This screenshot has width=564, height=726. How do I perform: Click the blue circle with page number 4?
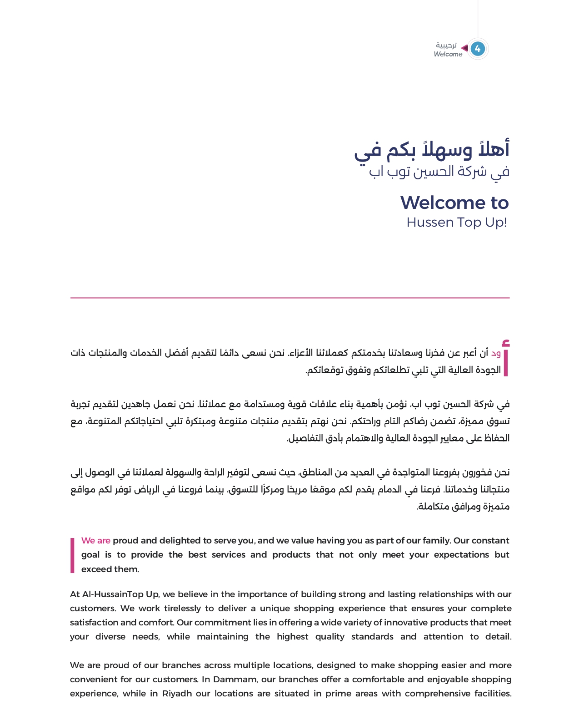pyautogui.click(x=477, y=49)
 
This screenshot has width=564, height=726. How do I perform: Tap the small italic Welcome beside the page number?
pyautogui.click(x=448, y=54)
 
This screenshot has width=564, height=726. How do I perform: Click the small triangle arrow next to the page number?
pyautogui.click(x=464, y=48)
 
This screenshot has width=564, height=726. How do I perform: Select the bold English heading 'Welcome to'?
pyautogui.click(x=454, y=203)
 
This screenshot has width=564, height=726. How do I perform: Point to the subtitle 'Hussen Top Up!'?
pyautogui.click(x=456, y=222)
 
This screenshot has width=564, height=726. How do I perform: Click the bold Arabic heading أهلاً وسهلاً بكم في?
pyautogui.click(x=432, y=150)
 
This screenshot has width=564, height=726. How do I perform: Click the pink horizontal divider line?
pyautogui.click(x=290, y=298)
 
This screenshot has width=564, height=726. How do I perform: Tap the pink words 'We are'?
pyautogui.click(x=96, y=540)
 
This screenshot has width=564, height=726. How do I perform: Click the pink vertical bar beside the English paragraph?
pyautogui.click(x=72, y=555)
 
